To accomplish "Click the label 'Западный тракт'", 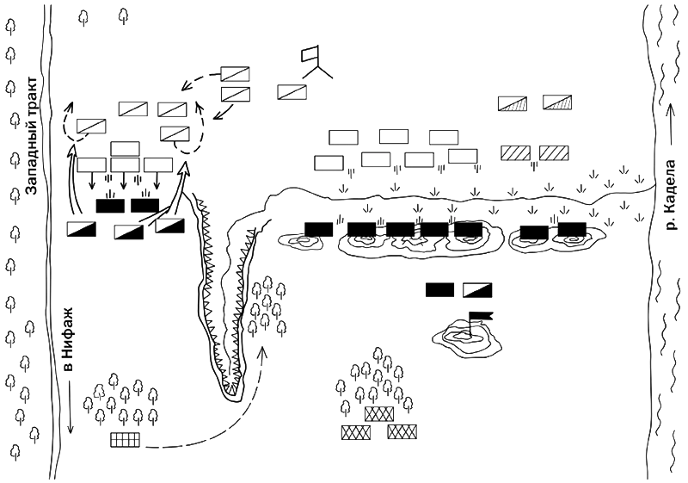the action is point(32,135).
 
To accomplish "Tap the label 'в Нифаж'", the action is point(68,339).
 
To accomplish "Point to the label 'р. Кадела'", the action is point(671,195).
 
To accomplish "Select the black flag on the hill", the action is point(481,316).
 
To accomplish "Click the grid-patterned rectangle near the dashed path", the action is point(125,440).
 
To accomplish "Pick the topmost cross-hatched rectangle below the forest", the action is point(379,414).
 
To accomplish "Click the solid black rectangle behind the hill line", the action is point(439,290).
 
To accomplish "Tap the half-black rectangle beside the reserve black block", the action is point(477,290).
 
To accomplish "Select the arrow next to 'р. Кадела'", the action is point(670,124).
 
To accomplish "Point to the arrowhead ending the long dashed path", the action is point(263,350).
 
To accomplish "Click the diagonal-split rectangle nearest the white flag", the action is point(292,92).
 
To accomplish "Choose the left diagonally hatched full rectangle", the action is point(515,152).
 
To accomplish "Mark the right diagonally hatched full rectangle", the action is point(554,152).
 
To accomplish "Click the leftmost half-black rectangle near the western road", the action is point(82,229).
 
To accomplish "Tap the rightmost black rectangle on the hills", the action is point(572,230).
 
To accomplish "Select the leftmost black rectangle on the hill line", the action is point(318,230).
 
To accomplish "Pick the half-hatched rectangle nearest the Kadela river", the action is point(557,102).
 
